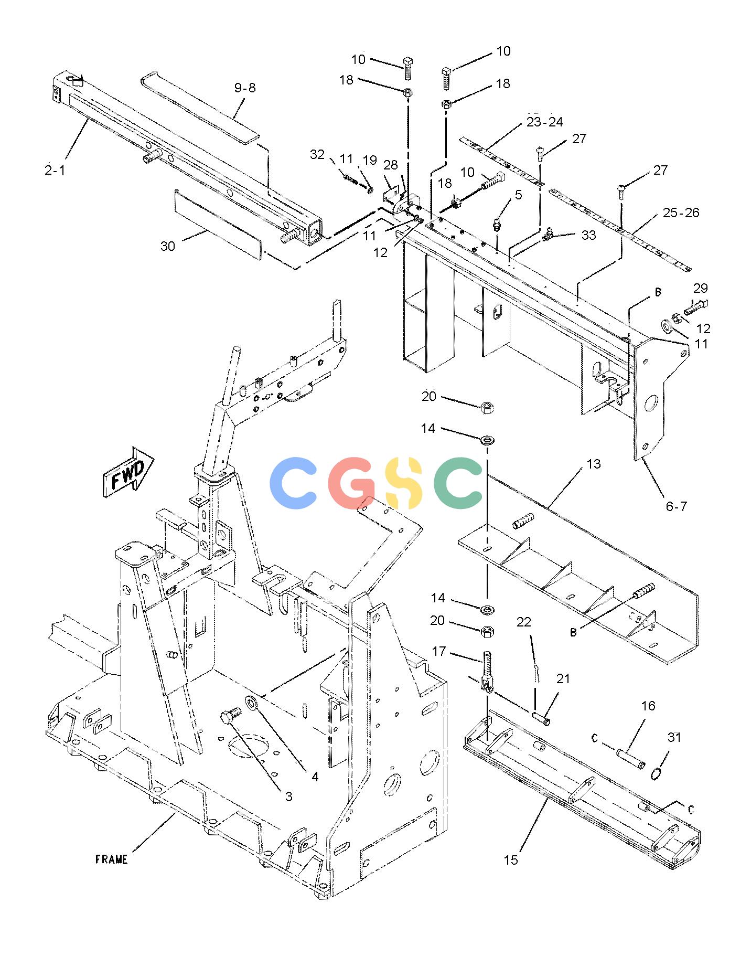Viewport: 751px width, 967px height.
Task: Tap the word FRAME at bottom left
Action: coord(111,859)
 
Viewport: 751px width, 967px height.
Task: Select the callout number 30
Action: coord(167,246)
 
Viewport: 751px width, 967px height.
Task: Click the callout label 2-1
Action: coord(55,170)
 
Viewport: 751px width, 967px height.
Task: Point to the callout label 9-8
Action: coord(245,88)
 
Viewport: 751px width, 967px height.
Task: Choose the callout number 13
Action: coord(593,464)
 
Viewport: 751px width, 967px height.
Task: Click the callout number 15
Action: coord(511,860)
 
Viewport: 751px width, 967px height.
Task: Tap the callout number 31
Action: coord(674,737)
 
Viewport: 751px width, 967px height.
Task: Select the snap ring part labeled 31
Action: coord(655,773)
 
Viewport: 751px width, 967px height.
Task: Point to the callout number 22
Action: coord(523,622)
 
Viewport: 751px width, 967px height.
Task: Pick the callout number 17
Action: coord(438,651)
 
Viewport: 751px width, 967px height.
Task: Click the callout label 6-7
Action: coord(676,506)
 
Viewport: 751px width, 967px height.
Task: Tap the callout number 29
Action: coord(700,288)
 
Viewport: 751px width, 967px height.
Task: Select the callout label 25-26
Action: coord(681,212)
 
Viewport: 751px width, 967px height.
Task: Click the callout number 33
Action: coord(588,235)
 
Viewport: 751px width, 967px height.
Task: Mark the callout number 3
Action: coord(288,796)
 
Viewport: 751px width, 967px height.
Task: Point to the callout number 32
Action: coord(317,154)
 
